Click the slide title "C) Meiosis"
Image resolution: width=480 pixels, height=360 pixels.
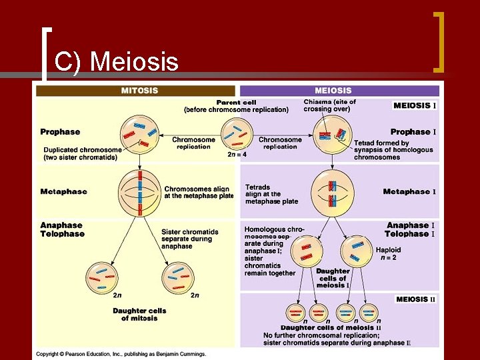(x=117, y=62)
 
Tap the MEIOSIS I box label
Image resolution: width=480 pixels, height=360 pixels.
(x=415, y=105)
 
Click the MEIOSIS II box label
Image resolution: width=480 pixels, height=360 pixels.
(x=415, y=299)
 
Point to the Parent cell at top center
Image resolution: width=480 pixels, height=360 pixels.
(x=237, y=133)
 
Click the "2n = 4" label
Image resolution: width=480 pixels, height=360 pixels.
(x=237, y=155)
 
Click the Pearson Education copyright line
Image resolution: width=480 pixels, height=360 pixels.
(x=121, y=354)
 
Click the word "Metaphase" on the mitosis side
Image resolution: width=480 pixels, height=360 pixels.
(x=63, y=192)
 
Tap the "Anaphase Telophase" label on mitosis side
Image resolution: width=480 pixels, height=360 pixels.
(x=63, y=230)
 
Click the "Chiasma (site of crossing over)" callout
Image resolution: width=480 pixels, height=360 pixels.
(x=330, y=105)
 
